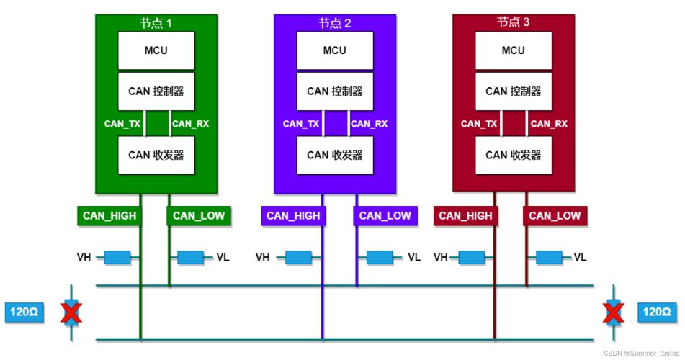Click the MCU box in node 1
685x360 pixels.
(156, 50)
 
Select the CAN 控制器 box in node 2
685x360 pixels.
(335, 91)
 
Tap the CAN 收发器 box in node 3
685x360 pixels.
(514, 155)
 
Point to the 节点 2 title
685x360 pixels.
(335, 23)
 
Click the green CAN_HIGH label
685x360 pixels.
(109, 216)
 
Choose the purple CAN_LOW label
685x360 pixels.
(385, 216)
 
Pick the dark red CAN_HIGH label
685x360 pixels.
(465, 216)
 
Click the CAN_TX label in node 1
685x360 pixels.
(122, 124)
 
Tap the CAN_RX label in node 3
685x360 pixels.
(549, 124)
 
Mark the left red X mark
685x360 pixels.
(71, 312)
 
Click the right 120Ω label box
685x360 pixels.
(657, 312)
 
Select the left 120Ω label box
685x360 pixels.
(24, 312)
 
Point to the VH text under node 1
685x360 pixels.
(84, 257)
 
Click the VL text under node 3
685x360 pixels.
(580, 257)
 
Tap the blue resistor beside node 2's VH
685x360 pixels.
(299, 257)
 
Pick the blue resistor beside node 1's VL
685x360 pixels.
(190, 257)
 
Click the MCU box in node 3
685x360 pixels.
(514, 50)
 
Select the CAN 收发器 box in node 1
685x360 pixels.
(156, 155)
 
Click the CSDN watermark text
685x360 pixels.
(641, 353)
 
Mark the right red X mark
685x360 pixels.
(614, 312)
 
